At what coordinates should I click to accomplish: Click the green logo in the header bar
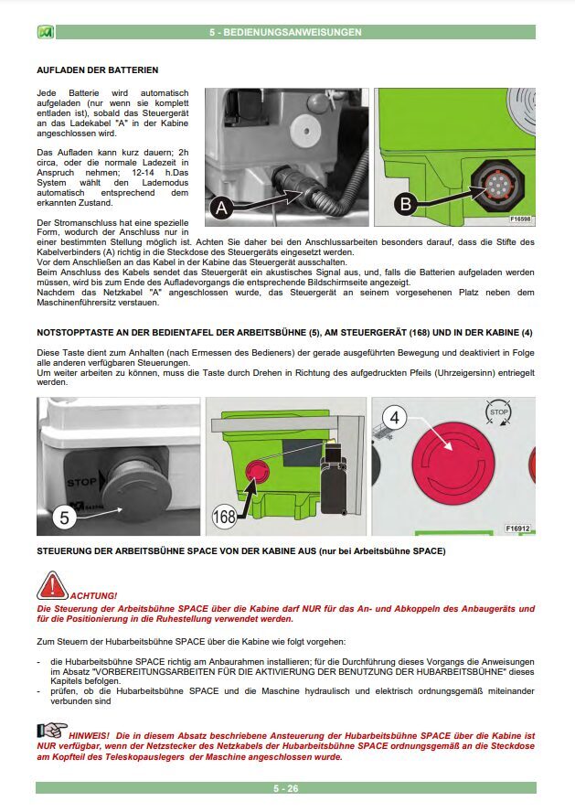[42, 32]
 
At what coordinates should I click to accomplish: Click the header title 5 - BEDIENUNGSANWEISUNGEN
[285, 32]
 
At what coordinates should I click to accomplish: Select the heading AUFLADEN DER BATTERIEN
[97, 69]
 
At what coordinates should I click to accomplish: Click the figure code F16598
[520, 219]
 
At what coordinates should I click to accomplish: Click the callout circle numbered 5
[64, 518]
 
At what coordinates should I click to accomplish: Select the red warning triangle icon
[52, 585]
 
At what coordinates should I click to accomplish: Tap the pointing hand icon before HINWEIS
[51, 731]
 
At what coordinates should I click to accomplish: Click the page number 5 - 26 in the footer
[285, 787]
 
